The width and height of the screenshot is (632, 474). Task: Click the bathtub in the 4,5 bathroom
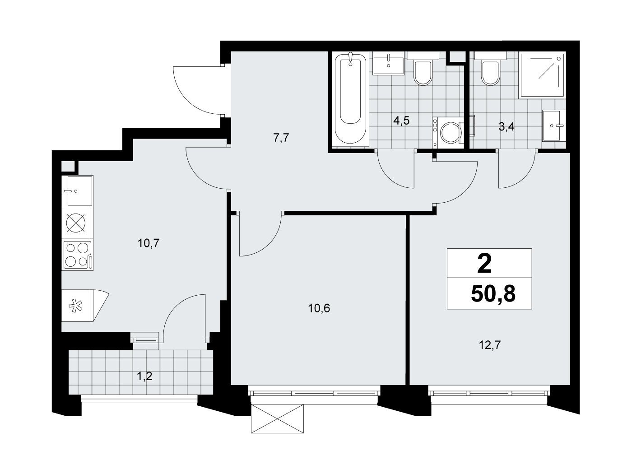point(350,99)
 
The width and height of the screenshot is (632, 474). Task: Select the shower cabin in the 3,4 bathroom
point(543,75)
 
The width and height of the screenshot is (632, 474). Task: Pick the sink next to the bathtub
point(388,66)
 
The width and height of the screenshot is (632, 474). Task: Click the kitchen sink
point(77,191)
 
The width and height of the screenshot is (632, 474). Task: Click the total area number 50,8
point(493,294)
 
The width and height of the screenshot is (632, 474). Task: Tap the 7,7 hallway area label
point(281,139)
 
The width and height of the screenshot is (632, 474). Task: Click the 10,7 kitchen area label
point(149,244)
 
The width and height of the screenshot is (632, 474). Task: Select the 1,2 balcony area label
point(144,376)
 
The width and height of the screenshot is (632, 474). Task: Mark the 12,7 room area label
point(490,344)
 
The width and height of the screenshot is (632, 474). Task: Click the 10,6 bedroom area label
point(319,308)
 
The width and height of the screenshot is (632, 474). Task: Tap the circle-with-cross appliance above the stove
point(76,223)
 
